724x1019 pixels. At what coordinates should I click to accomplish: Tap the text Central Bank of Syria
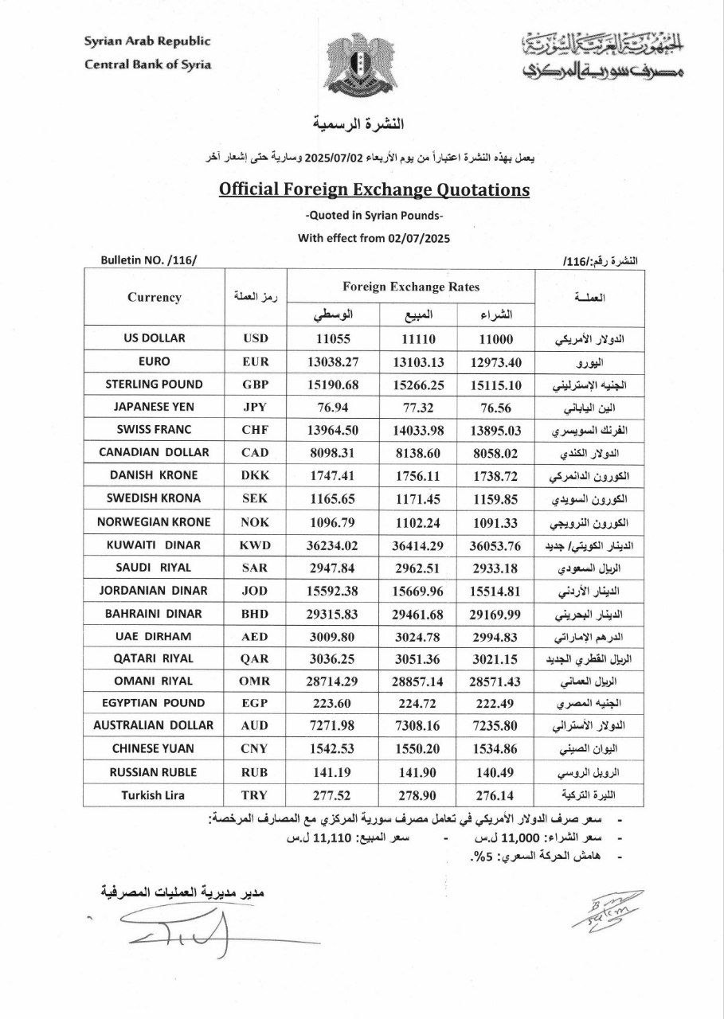[x=147, y=64]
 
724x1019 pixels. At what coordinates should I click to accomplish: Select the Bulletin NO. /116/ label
[x=148, y=261]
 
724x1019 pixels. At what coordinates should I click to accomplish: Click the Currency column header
[x=155, y=297]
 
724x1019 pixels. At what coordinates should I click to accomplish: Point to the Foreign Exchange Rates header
[x=411, y=287]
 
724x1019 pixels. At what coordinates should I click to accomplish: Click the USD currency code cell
[x=256, y=338]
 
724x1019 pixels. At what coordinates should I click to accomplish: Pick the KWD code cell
[x=256, y=545]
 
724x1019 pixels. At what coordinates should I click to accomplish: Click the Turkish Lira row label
[x=154, y=794]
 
